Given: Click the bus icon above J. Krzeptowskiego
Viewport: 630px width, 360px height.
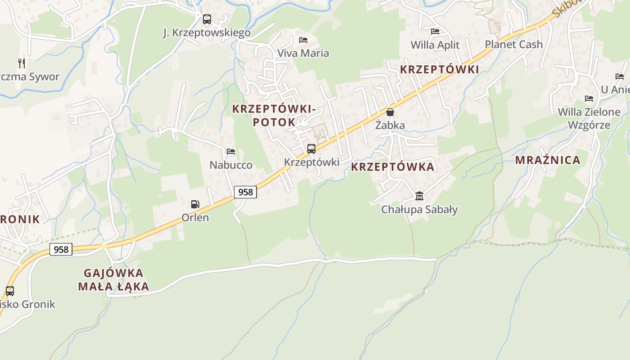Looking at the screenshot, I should [x=207, y=19].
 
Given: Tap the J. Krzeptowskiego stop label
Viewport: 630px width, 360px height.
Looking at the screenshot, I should [x=207, y=33].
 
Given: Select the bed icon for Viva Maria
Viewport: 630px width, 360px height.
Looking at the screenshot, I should [x=303, y=40].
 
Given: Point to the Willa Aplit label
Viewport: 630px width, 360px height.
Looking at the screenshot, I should [x=435, y=45].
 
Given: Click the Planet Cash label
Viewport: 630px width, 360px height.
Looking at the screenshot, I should [x=513, y=44].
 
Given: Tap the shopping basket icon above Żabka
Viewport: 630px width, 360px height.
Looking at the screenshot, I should [x=390, y=112].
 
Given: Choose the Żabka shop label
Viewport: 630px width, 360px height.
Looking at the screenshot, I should [x=390, y=125].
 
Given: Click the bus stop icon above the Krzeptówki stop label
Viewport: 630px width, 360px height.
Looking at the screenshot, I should [x=311, y=149].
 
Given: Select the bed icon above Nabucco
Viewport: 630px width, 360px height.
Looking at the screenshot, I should [x=231, y=152].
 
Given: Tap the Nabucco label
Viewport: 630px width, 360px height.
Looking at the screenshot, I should [x=231, y=165].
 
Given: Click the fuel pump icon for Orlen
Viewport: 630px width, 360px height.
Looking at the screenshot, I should [x=195, y=204].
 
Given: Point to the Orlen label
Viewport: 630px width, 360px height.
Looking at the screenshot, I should [x=195, y=218].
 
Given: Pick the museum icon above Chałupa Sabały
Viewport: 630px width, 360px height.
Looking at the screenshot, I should [x=419, y=196].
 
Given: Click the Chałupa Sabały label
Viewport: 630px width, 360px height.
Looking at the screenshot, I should [x=419, y=209].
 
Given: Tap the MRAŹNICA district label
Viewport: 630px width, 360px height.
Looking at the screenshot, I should [x=548, y=160].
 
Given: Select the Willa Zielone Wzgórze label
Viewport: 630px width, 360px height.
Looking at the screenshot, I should [x=589, y=118].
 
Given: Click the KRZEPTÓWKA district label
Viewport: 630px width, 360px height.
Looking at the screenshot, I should [x=392, y=167].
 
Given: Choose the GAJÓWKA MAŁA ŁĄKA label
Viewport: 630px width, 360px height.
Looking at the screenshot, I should [x=113, y=279].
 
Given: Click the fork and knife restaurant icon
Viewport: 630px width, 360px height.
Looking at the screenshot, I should [x=21, y=63].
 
